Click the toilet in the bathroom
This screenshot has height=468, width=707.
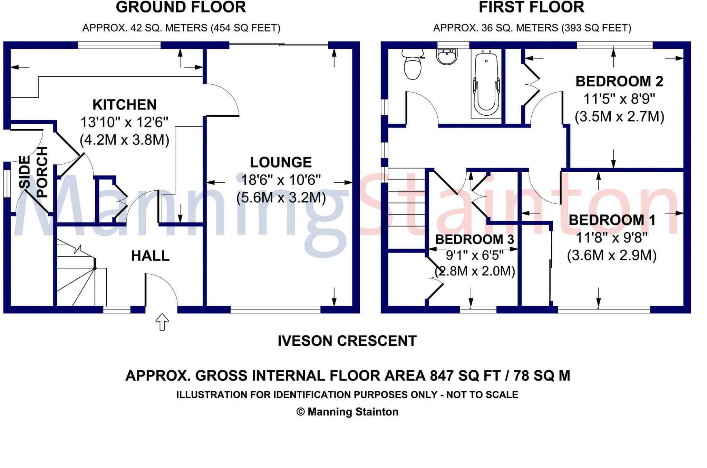pyautogui.click(x=413, y=64)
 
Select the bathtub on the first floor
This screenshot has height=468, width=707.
pyautogui.click(x=486, y=83)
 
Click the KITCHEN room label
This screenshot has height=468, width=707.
pyautogui.click(x=124, y=105)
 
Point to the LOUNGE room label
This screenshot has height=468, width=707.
pyautogui.click(x=281, y=162)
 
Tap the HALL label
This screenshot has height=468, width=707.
pyautogui.click(x=150, y=256)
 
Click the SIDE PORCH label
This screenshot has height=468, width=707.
pyautogui.click(x=33, y=172)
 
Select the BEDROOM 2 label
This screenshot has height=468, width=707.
pyautogui.click(x=619, y=82)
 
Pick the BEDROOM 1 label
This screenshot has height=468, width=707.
pyautogui.click(x=612, y=220)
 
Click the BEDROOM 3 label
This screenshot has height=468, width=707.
pyautogui.click(x=475, y=239)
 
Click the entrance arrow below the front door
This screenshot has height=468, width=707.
pyautogui.click(x=162, y=322)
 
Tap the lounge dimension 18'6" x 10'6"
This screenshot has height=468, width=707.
pyautogui.click(x=281, y=180)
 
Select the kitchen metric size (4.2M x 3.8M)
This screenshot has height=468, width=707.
pyautogui.click(x=124, y=140)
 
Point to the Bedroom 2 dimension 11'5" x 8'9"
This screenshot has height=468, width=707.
pyautogui.click(x=619, y=99)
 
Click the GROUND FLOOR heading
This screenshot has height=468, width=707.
pyautogui.click(x=181, y=7)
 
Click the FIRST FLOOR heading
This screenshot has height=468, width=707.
pyautogui.click(x=532, y=7)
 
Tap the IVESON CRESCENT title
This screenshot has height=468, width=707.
pyautogui.click(x=347, y=341)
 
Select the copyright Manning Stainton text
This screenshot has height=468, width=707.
pyautogui.click(x=347, y=412)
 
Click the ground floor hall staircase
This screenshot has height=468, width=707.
pyautogui.click(x=81, y=273)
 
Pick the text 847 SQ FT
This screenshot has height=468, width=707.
pyautogui.click(x=465, y=375)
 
